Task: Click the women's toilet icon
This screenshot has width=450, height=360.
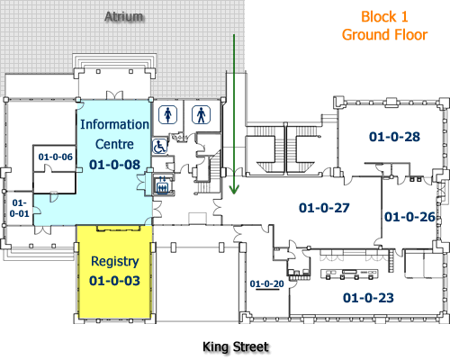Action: click(167, 114)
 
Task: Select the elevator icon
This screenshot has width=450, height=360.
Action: click(163, 185)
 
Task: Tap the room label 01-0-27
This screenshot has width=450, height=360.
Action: click(323, 207)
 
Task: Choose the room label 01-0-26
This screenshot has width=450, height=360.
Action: click(409, 217)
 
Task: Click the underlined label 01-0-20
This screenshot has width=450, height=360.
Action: click(266, 284)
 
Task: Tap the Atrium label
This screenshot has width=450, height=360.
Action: click(123, 17)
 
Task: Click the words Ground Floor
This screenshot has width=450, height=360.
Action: click(385, 34)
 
